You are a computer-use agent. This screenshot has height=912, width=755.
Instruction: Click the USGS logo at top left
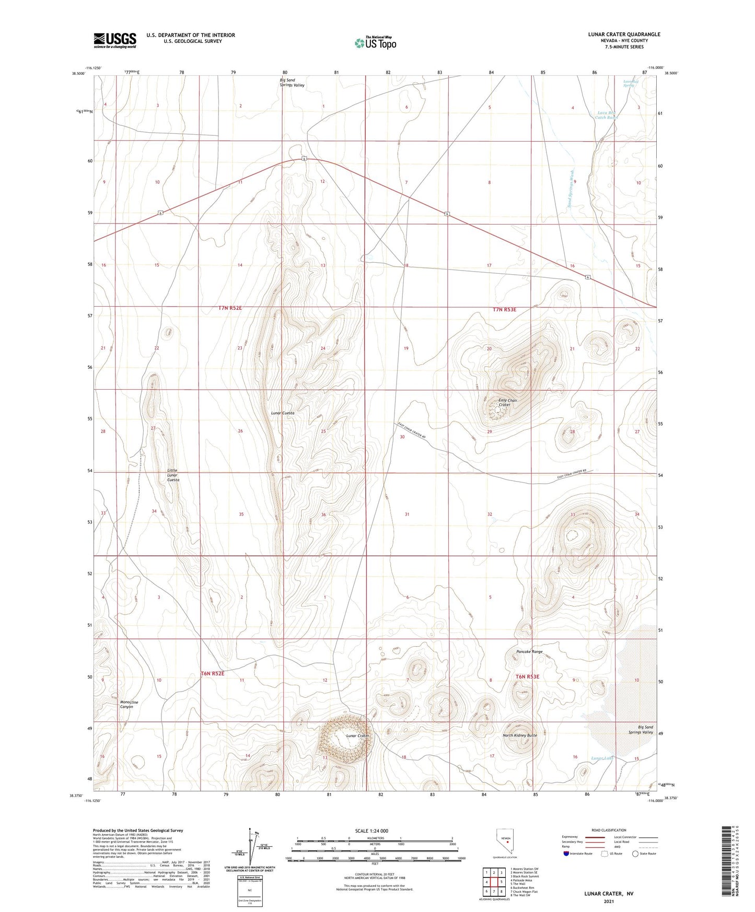[115, 40]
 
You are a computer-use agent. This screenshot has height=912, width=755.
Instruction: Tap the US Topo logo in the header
[375, 43]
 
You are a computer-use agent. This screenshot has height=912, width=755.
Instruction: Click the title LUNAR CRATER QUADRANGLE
[624, 34]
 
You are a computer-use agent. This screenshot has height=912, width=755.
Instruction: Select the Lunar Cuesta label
[283, 413]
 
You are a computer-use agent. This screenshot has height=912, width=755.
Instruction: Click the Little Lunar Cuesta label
[173, 475]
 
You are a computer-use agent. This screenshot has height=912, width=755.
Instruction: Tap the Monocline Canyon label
[129, 704]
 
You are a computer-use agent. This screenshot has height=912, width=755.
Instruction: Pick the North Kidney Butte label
[519, 735]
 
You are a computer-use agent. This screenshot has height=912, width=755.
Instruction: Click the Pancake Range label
[529, 652]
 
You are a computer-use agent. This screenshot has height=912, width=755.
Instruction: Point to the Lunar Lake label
[601, 758]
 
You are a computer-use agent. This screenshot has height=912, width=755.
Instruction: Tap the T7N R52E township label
[230, 308]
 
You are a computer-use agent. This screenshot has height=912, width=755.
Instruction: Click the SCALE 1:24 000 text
[371, 831]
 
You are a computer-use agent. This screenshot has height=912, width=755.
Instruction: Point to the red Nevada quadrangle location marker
[507, 856]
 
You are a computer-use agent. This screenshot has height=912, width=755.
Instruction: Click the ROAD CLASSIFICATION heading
[608, 830]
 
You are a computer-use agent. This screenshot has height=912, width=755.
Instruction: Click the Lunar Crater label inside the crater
[358, 735]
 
